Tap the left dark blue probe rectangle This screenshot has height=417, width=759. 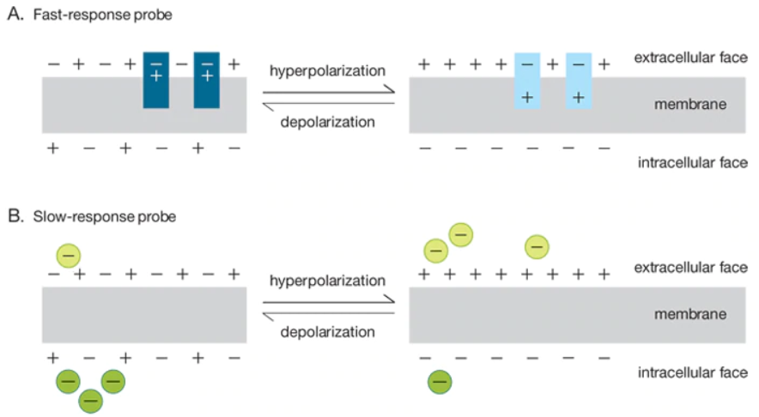[x=156, y=81]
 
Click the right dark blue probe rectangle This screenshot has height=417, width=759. [x=207, y=81]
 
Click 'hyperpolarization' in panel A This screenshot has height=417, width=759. [x=327, y=70]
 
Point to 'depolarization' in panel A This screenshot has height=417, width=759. [x=327, y=121]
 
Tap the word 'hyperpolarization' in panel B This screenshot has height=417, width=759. [x=327, y=281]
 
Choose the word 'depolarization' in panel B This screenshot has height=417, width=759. [x=327, y=331]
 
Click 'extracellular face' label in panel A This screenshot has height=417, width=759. [x=690, y=58]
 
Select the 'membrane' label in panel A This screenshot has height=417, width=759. [x=690, y=104]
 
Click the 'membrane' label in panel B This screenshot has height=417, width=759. [x=690, y=314]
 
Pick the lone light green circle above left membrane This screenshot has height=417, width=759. [x=69, y=255]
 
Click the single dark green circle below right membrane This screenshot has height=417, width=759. [x=440, y=381]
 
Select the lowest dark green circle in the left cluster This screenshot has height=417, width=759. [x=91, y=400]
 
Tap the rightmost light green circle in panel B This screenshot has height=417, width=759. [x=537, y=247]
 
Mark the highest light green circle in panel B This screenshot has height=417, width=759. [x=461, y=234]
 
